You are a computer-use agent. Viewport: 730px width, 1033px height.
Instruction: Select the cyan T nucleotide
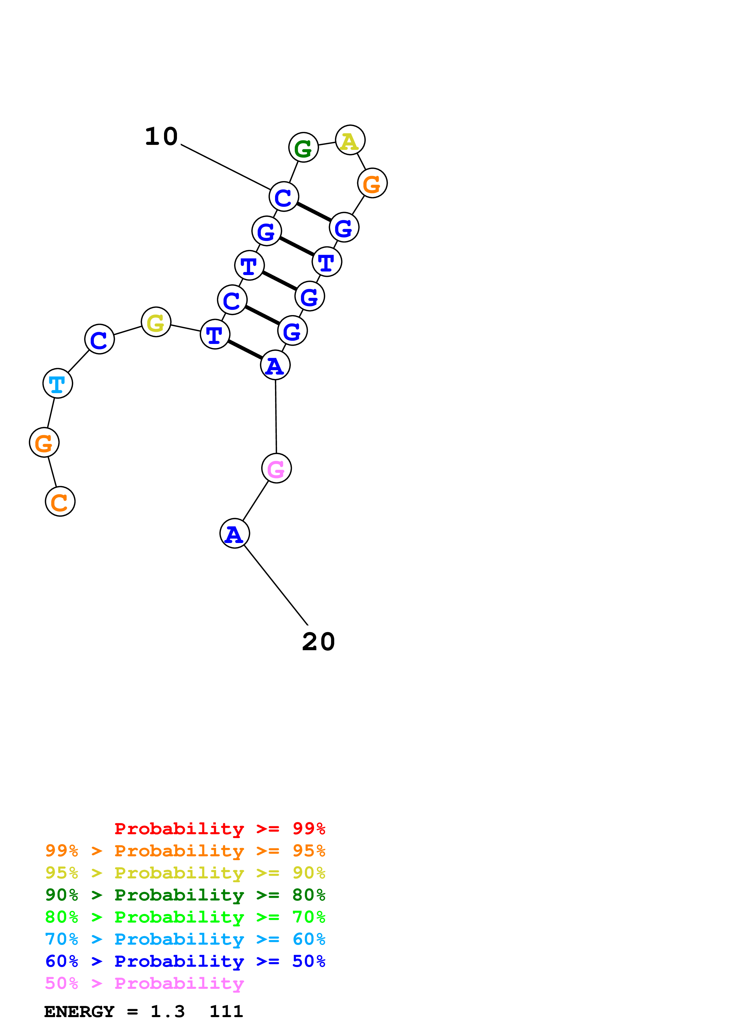(58, 383)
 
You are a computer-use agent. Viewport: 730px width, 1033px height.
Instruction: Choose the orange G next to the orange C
(44, 442)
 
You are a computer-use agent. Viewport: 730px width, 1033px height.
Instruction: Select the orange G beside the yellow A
(372, 183)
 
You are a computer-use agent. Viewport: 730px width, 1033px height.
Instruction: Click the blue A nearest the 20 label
(234, 533)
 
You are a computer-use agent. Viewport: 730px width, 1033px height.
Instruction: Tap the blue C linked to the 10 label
(284, 197)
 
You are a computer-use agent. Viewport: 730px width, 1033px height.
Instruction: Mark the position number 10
(161, 136)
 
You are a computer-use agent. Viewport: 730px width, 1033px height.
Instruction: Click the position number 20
(318, 642)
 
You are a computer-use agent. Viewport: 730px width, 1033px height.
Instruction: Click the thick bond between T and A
(245, 350)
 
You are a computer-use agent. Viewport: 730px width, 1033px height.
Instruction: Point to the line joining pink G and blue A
(256, 500)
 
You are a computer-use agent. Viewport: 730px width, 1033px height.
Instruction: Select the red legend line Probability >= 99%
(219, 829)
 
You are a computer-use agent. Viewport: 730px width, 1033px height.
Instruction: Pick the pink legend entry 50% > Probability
(144, 984)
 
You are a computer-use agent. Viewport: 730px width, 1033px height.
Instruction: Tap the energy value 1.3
(167, 1012)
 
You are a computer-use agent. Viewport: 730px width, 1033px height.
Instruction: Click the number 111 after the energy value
(226, 1012)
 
